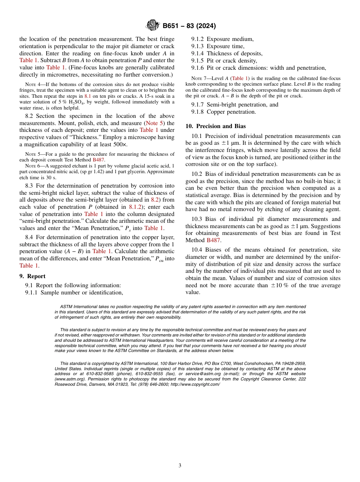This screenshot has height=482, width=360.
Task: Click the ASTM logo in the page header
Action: pos(153,26)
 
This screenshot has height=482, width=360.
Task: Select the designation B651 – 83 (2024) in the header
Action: pos(189,26)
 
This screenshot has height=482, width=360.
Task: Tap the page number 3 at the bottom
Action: pos(180,465)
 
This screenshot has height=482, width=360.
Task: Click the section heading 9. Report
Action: pos(32,276)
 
